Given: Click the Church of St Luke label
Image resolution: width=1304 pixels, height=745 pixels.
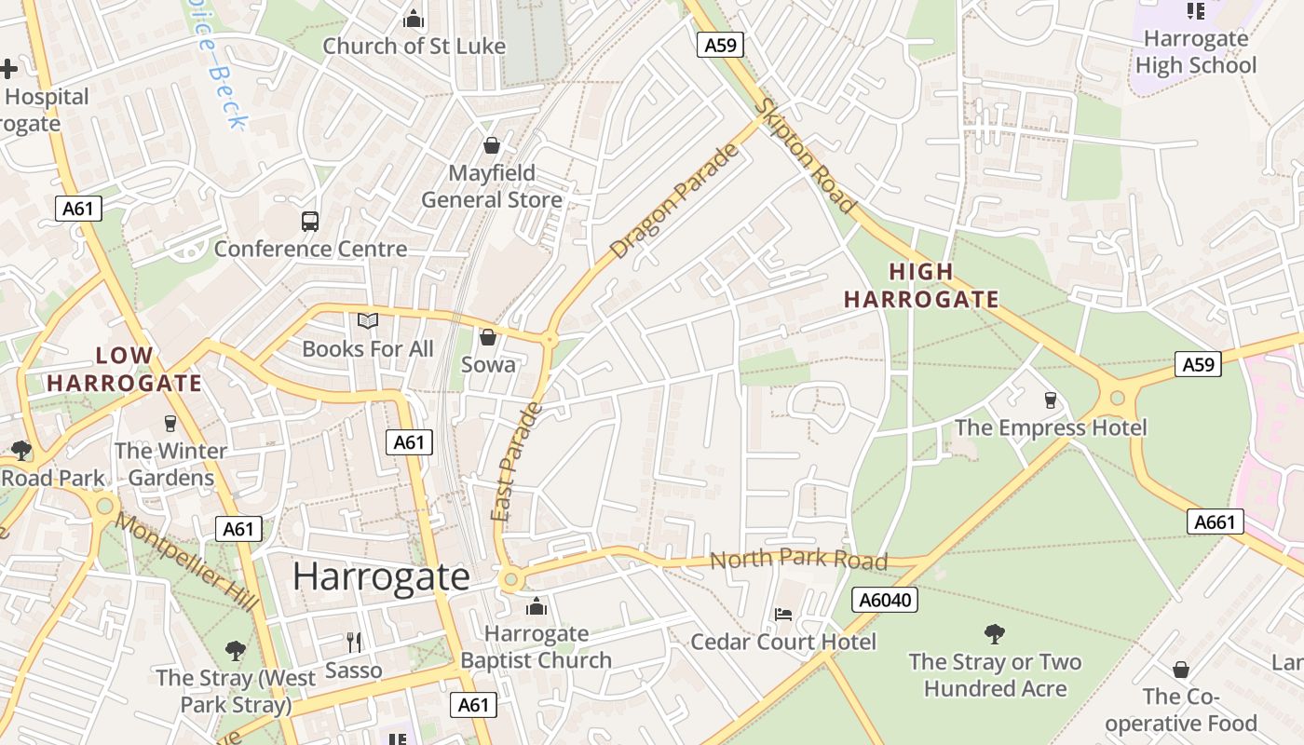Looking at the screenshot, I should click(414, 46).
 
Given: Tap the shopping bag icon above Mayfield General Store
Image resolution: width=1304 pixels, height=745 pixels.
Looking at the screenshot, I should click(491, 145).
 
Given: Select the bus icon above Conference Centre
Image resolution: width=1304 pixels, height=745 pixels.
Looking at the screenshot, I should click(310, 222).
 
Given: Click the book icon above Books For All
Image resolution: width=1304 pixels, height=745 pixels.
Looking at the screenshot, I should click(368, 321).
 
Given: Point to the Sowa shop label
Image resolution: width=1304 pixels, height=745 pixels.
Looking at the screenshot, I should click(488, 364).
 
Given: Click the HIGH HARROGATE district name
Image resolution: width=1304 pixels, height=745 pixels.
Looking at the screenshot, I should click(920, 286).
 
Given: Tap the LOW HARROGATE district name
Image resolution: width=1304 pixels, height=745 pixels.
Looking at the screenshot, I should click(124, 369).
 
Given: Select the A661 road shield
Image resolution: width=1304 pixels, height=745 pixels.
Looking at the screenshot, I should click(1216, 521).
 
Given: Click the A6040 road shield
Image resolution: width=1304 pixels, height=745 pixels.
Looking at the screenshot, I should click(885, 600).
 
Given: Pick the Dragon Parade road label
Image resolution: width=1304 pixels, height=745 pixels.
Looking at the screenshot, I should click(675, 200).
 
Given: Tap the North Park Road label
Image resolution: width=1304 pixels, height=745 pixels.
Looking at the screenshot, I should click(798, 560).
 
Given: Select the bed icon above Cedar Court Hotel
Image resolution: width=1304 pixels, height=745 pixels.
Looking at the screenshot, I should click(783, 615).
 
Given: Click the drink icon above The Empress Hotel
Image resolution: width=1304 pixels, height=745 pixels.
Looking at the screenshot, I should click(1051, 400).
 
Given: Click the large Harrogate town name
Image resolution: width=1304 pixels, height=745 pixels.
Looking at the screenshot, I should click(381, 576).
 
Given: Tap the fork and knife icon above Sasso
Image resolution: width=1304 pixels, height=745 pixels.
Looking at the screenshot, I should click(354, 643).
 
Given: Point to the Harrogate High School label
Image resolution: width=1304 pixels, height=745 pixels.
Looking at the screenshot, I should click(1196, 52).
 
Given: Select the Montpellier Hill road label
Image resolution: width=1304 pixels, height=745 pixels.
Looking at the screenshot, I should click(186, 562).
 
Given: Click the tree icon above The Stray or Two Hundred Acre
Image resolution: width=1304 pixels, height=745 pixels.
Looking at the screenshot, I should click(995, 635).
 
